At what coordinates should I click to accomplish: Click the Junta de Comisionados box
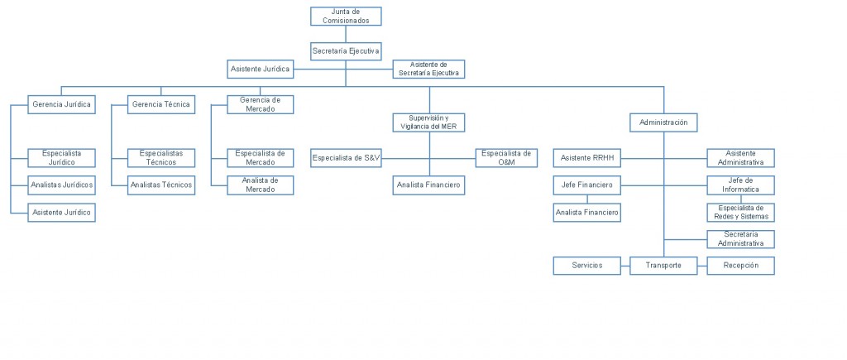click(346, 16)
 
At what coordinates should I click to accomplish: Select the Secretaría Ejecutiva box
click(346, 51)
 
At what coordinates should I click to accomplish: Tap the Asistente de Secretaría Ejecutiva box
click(428, 69)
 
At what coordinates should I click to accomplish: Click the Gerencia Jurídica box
click(60, 104)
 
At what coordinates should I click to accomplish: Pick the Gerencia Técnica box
click(161, 104)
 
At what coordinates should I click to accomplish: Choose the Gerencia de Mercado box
click(260, 104)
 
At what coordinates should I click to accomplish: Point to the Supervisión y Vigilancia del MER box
click(428, 122)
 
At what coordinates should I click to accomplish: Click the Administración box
click(663, 122)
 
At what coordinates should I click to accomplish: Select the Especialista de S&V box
click(347, 157)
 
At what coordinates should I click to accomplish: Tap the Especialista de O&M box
click(506, 157)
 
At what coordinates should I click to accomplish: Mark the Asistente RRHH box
click(586, 157)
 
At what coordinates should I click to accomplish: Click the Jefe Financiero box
click(586, 185)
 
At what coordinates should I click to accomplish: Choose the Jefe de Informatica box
click(741, 185)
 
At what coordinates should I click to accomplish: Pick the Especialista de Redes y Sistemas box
click(741, 212)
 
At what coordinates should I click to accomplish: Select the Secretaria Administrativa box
click(741, 239)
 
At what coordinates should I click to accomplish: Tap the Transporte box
click(663, 266)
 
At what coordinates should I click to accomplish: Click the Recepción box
click(741, 266)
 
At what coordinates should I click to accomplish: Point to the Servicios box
click(586, 266)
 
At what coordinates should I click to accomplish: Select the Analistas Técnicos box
click(161, 185)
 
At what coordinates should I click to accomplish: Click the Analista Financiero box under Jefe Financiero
click(586, 213)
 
